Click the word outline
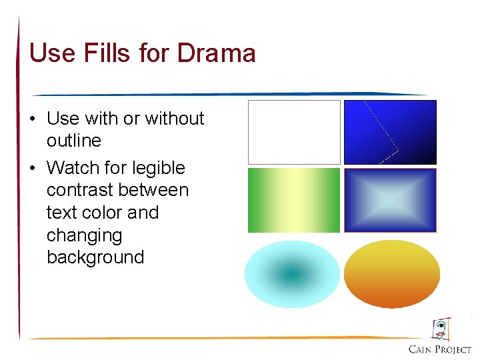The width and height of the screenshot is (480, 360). pyautogui.click(x=73, y=141)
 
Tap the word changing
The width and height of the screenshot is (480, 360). pyautogui.click(x=84, y=235)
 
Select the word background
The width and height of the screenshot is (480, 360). pyautogui.click(x=95, y=257)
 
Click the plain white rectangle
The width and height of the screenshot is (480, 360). pyautogui.click(x=294, y=132)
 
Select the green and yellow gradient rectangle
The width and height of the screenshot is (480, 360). pyautogui.click(x=294, y=200)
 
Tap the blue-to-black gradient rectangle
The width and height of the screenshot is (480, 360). pyautogui.click(x=390, y=132)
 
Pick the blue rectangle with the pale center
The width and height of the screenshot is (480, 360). pyautogui.click(x=390, y=200)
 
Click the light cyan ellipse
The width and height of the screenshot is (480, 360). pyautogui.click(x=292, y=273)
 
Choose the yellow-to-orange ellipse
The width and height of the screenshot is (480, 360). pyautogui.click(x=392, y=273)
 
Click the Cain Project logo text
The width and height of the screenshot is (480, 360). pyautogui.click(x=440, y=349)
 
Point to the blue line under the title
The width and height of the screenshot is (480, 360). pyautogui.click(x=227, y=94)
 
